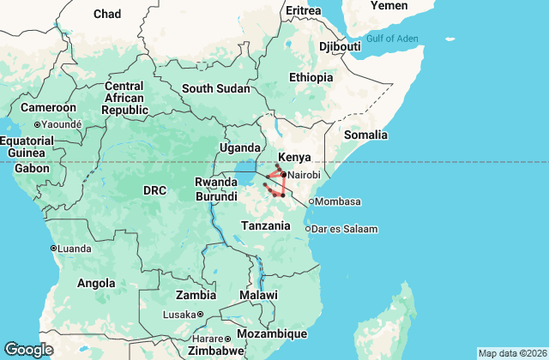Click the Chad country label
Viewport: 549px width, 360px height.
[x=106, y=14]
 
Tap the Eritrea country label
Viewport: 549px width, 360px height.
[x=303, y=10]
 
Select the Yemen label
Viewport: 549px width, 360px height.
[x=389, y=5]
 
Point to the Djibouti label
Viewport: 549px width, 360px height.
[x=338, y=46]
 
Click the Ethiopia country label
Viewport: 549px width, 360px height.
[x=311, y=77]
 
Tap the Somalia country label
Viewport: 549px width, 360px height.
[x=365, y=135]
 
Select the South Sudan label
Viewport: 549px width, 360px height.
[x=215, y=88]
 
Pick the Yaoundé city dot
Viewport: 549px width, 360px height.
[x=37, y=124]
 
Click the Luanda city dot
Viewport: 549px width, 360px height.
[x=53, y=249]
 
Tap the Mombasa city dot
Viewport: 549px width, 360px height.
[x=311, y=202]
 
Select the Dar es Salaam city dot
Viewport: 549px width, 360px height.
[x=308, y=228]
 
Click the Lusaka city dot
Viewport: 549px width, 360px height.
[x=200, y=315]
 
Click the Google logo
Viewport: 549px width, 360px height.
[x=28, y=349]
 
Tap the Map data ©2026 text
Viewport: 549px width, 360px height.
[x=511, y=353]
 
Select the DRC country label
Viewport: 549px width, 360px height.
[x=154, y=189]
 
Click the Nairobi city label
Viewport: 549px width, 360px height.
[x=304, y=175]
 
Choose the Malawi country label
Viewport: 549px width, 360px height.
[x=258, y=295]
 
